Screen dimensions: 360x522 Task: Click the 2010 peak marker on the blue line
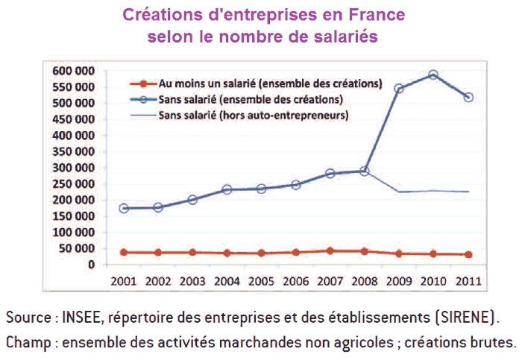[x=433, y=75]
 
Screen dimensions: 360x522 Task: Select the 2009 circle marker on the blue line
[x=400, y=89]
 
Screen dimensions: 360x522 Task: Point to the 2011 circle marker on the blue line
[x=468, y=97]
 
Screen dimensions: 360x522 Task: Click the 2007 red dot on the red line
[x=330, y=251]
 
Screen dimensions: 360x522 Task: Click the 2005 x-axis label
[x=262, y=282]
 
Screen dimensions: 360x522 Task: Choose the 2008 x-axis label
[x=365, y=282]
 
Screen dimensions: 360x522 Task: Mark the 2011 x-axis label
[x=468, y=282]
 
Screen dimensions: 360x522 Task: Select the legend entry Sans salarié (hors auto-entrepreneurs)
[x=254, y=115]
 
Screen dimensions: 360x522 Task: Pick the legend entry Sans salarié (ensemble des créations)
[x=251, y=98]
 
